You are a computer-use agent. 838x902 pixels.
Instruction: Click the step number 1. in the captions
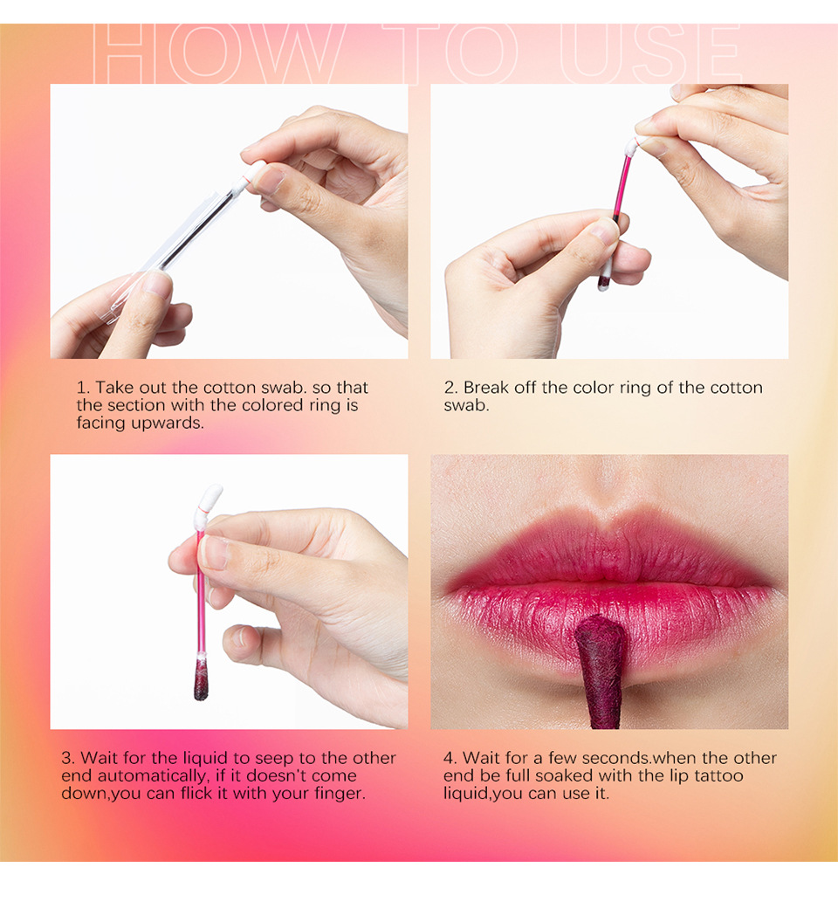(x=83, y=388)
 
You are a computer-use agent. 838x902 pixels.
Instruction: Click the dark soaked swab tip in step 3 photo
(x=202, y=680)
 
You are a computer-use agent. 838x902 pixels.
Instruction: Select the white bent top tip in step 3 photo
(x=209, y=500)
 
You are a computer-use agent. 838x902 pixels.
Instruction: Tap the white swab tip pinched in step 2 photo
(x=631, y=145)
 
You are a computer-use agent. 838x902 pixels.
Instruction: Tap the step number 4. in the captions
(x=451, y=758)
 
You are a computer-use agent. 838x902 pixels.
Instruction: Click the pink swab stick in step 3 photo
(x=201, y=594)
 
